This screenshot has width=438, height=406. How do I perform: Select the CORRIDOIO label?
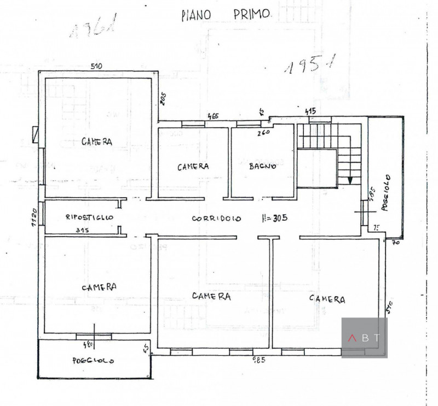(217, 218)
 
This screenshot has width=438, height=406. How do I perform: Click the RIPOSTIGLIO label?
(89, 217)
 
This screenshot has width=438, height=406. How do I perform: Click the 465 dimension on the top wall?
(213, 116)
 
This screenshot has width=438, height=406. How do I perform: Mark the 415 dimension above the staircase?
(310, 111)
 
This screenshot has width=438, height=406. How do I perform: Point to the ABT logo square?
(364, 338)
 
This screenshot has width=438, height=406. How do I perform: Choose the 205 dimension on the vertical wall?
(163, 99)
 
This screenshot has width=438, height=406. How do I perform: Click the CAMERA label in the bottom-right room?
(327, 299)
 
